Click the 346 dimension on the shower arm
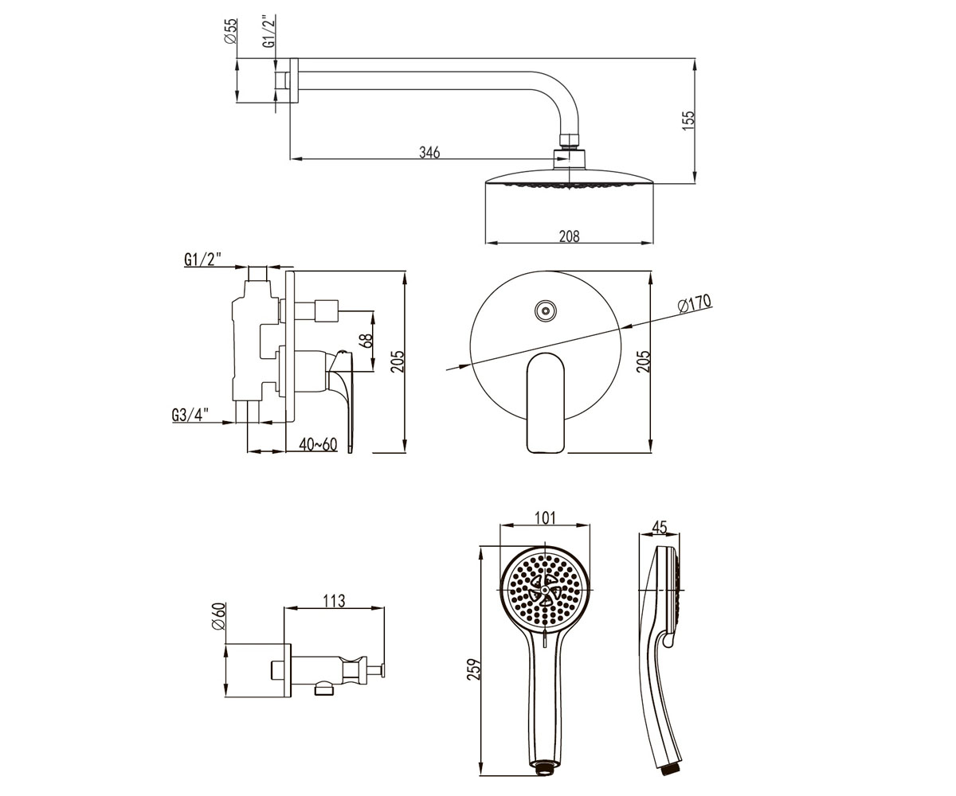click(x=429, y=152)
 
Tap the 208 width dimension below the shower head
click(x=569, y=236)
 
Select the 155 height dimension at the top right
click(x=688, y=121)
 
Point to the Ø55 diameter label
click(x=231, y=31)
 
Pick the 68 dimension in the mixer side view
click(x=366, y=341)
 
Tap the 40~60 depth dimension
click(x=318, y=443)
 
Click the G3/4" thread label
click(x=190, y=415)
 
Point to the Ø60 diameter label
click(x=219, y=616)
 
